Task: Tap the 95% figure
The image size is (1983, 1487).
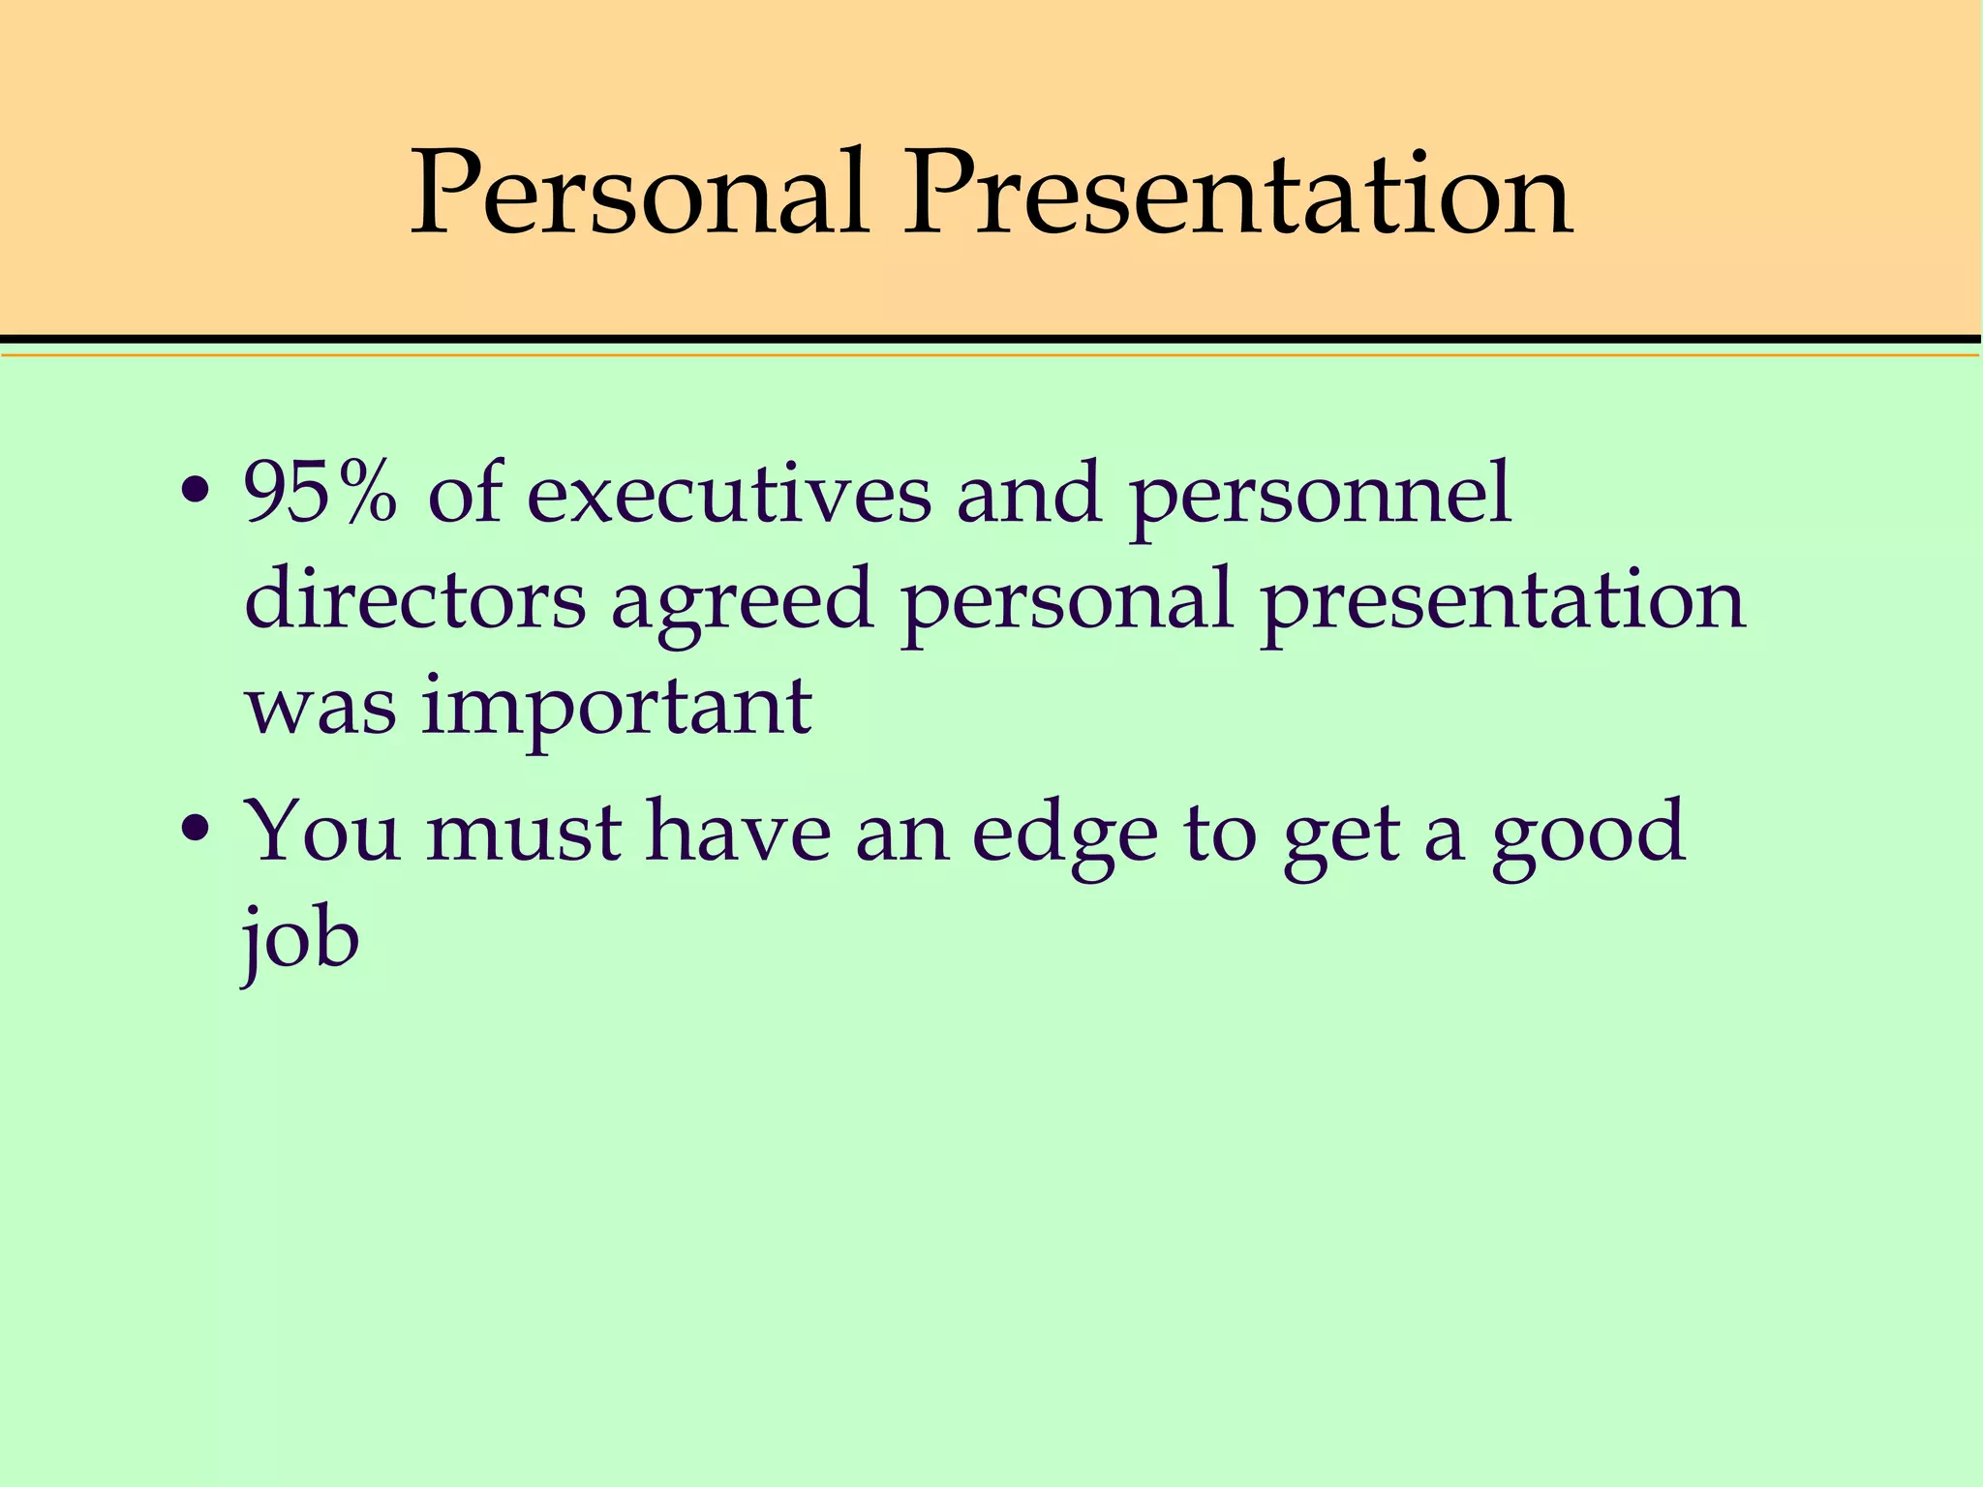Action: [320, 493]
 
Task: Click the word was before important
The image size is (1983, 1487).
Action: [320, 708]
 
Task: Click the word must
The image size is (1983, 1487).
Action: [524, 834]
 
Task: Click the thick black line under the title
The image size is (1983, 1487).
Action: [991, 339]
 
